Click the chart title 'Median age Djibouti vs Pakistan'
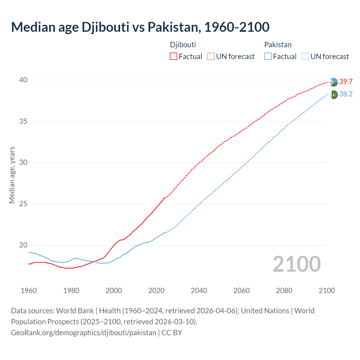coord(140,27)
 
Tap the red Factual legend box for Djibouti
coord(173,56)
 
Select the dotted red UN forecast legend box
coord(211,56)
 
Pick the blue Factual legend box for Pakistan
coord(268,56)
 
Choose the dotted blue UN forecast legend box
coord(305,56)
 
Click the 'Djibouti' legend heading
coord(183,45)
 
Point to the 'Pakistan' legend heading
coord(278,45)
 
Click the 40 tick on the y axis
coord(23,80)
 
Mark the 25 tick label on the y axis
coord(23,204)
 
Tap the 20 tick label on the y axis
coord(23,245)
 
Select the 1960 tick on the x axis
coord(29,291)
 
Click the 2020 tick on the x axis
coord(156,291)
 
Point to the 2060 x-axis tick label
coord(242,291)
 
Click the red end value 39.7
coord(346,82)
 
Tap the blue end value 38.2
coord(346,94)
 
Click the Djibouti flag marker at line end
coord(334,82)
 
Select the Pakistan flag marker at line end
coord(334,95)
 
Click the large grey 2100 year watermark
coord(296,264)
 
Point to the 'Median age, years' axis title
coord(12,175)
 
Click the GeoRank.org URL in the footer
coord(84,332)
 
